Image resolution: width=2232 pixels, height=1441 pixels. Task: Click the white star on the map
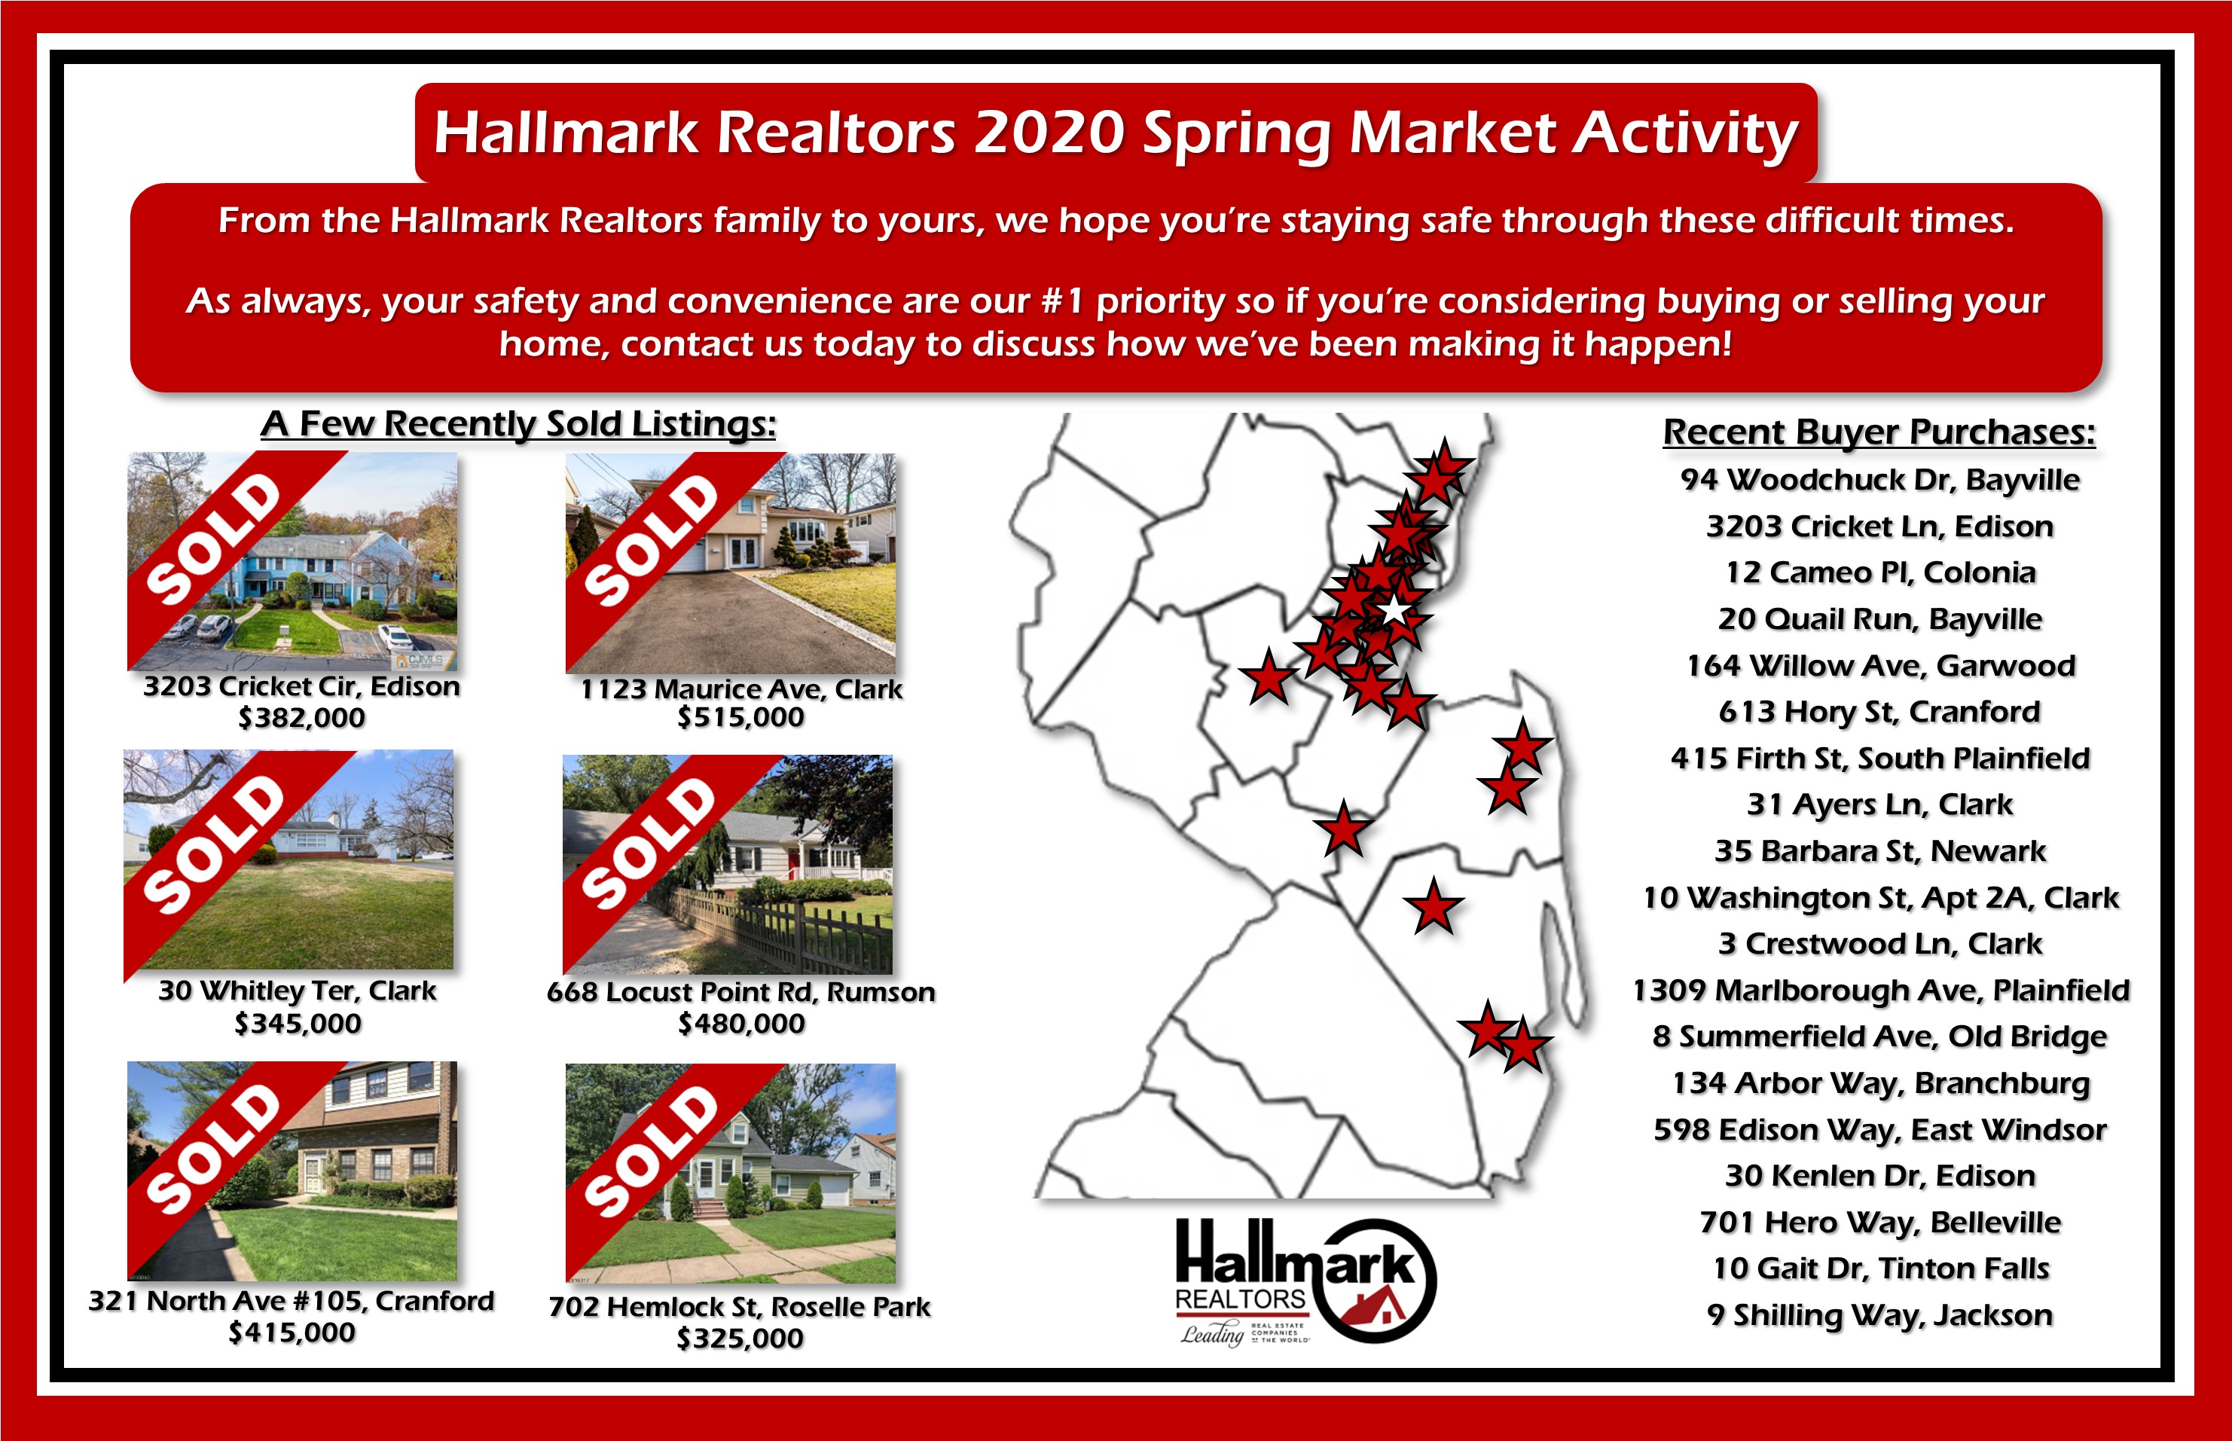pyautogui.click(x=1394, y=610)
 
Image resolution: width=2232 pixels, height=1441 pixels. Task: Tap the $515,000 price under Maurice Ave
pyautogui.click(x=741, y=718)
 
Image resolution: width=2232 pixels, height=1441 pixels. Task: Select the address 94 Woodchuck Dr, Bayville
pyautogui.click(x=1880, y=479)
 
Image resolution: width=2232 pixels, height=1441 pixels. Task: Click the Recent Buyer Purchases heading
pyautogui.click(x=1879, y=432)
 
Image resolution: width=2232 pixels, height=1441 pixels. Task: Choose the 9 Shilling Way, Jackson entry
pyautogui.click(x=1880, y=1314)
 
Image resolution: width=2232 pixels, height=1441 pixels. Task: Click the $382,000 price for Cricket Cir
pyautogui.click(x=301, y=718)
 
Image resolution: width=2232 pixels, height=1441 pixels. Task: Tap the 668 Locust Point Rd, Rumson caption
pyautogui.click(x=741, y=992)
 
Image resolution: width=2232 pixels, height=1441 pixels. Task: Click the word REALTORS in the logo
pyautogui.click(x=1241, y=1299)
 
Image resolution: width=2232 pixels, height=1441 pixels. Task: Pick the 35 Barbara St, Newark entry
pyautogui.click(x=1880, y=850)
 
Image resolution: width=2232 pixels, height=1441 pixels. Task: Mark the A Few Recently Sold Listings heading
pyautogui.click(x=518, y=424)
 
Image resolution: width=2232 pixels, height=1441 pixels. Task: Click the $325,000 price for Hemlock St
pyautogui.click(x=740, y=1338)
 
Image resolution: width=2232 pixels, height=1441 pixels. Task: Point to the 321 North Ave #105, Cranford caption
pyautogui.click(x=291, y=1301)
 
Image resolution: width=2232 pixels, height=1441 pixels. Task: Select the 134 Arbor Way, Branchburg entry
pyautogui.click(x=1880, y=1082)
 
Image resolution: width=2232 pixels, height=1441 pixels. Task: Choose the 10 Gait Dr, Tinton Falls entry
pyautogui.click(x=1880, y=1268)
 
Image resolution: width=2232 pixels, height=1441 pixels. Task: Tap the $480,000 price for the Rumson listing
pyautogui.click(x=741, y=1024)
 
